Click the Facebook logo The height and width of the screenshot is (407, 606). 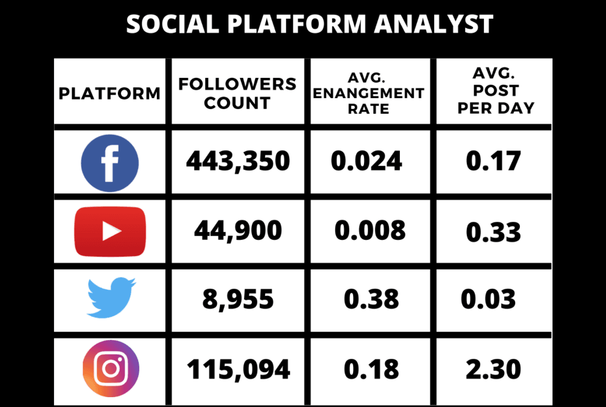110,162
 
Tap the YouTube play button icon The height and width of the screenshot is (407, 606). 110,231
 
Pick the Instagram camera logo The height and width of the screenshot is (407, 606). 111,368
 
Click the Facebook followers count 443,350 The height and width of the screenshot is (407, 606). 238,161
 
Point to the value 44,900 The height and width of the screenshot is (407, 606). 238,230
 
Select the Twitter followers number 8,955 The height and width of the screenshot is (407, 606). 238,299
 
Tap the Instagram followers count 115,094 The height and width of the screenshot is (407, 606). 238,369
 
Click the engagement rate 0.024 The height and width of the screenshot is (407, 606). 367,161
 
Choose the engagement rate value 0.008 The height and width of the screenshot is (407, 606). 370,230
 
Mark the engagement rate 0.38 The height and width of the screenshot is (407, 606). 371,299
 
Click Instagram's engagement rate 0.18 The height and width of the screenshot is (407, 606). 371,369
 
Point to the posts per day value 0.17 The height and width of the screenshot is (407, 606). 493,161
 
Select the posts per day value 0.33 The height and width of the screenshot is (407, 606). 493,232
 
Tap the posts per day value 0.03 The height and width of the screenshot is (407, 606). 488,299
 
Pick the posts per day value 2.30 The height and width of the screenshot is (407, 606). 493,369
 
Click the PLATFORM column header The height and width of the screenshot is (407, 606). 110,93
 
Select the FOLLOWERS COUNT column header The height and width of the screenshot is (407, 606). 237,93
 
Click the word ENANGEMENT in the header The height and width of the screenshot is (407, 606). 369,93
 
